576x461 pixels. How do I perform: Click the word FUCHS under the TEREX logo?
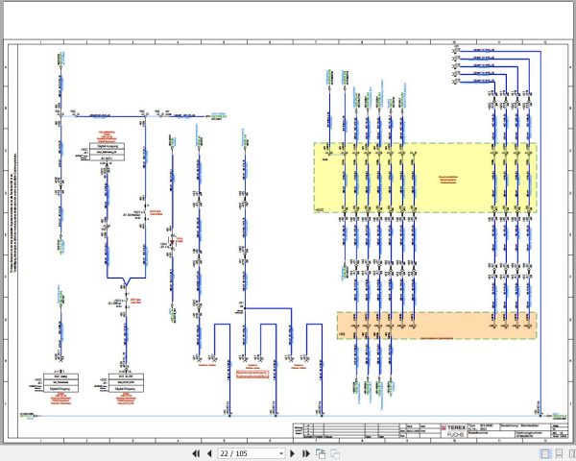(453, 435)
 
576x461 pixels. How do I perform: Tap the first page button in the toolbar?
(196, 452)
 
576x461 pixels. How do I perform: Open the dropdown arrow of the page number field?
(280, 452)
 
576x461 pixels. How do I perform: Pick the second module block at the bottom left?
(124, 378)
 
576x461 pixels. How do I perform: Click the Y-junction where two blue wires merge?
(125, 285)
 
